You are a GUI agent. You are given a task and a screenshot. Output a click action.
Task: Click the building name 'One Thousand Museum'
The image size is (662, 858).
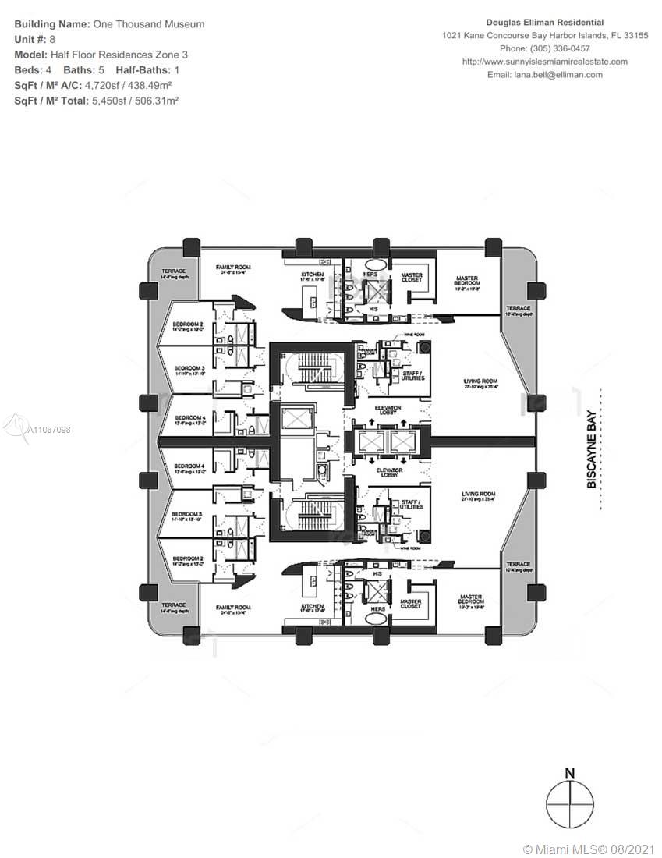coord(149,24)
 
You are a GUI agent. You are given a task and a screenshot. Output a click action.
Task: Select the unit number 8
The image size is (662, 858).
coord(52,39)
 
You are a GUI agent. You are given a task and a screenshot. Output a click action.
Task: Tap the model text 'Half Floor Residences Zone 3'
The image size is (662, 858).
coord(119,55)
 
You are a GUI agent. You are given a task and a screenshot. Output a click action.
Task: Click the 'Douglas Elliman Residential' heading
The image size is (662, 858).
coord(544,23)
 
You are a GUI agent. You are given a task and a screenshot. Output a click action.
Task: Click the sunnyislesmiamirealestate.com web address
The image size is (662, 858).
coord(544,62)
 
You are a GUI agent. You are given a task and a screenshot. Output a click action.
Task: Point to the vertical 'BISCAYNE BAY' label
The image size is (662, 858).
coord(592,449)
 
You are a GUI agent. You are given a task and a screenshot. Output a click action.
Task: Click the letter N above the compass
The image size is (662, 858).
coord(570,774)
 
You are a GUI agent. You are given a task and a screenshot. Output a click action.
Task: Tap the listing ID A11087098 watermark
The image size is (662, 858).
coord(48,430)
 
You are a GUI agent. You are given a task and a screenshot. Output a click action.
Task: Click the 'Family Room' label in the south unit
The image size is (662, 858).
coord(233,610)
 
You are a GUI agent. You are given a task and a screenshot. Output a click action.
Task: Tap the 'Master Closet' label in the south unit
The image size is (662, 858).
coord(411,604)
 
